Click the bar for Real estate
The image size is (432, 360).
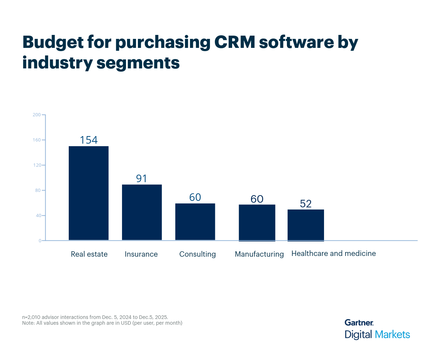(89, 193)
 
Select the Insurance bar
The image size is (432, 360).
(142, 212)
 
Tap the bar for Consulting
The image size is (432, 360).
(195, 222)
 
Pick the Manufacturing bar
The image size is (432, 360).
(257, 223)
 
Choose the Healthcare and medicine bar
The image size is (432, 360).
(306, 225)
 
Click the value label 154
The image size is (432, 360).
(89, 140)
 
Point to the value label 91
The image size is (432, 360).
(141, 179)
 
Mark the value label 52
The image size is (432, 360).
(306, 204)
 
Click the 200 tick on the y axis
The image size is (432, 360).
(36, 115)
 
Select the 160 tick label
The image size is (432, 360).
(36, 140)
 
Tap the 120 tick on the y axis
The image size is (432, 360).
(36, 165)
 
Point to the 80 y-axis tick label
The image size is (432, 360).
(37, 190)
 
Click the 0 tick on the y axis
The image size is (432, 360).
(40, 241)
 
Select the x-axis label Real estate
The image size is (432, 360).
(89, 254)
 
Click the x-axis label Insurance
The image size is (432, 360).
(141, 254)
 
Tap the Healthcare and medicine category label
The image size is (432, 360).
(333, 253)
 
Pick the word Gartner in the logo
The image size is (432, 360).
(359, 323)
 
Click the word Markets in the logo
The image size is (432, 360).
(392, 334)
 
